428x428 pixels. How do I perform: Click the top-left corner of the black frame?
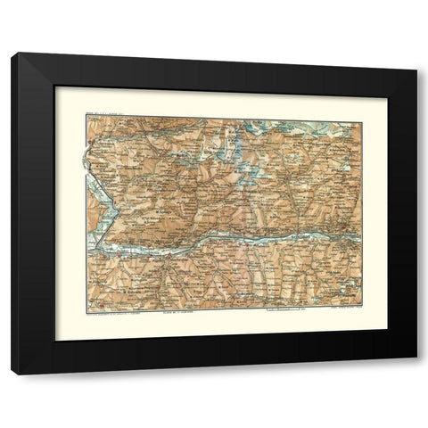(x=12, y=54)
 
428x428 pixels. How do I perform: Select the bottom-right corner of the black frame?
(x=416, y=373)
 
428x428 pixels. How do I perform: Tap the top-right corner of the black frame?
(x=416, y=54)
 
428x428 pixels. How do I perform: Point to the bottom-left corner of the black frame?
(x=12, y=373)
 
